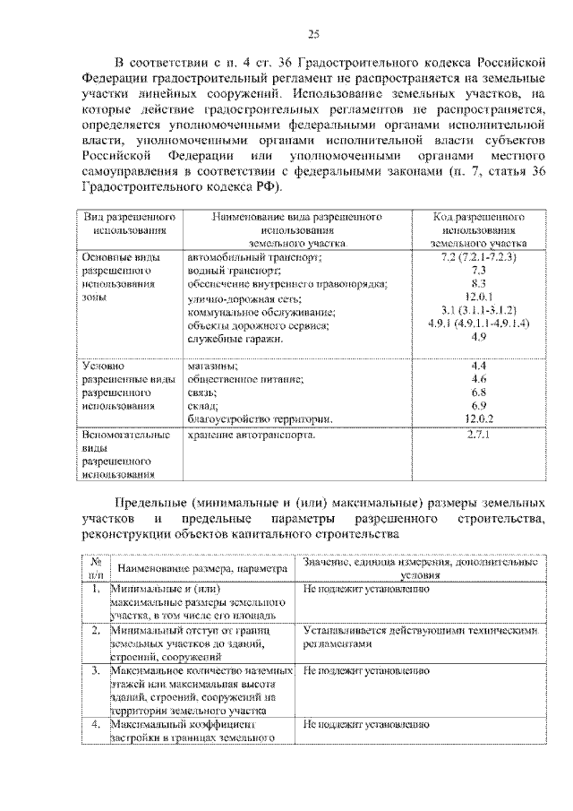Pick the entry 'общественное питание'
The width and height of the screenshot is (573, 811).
[244, 379]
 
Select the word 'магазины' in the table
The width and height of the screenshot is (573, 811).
[212, 366]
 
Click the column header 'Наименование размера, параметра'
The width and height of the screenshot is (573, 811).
[200, 568]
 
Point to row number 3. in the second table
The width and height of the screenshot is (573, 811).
[96, 670]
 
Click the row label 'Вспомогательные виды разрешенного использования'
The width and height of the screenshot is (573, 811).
[125, 454]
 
